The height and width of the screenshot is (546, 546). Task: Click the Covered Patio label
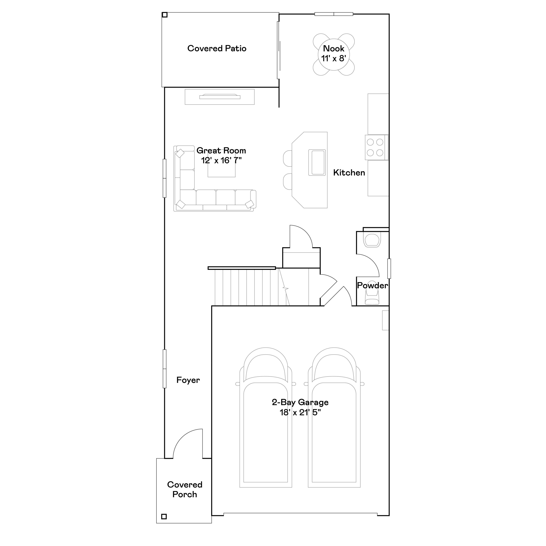(217, 48)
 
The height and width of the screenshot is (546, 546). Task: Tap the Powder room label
(372, 285)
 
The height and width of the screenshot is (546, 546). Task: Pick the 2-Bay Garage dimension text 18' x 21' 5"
(300, 413)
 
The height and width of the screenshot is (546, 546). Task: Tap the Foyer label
(188, 380)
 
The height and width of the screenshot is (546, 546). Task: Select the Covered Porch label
(185, 489)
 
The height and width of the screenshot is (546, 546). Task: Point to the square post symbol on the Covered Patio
(165, 15)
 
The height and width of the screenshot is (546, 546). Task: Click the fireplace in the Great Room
(220, 97)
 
